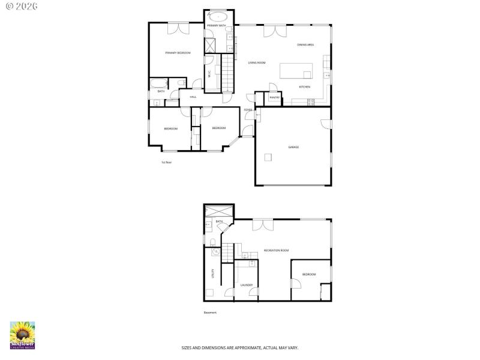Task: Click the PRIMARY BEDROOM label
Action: click(178, 53)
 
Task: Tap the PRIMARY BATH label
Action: click(216, 26)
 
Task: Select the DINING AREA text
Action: click(305, 45)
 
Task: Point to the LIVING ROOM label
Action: click(257, 62)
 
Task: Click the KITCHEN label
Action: click(305, 87)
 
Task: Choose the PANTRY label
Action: click(274, 97)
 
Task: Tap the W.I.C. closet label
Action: click(209, 74)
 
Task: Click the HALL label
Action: click(193, 97)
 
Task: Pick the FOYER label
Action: click(248, 110)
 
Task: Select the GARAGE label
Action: click(293, 147)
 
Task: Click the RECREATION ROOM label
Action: click(277, 250)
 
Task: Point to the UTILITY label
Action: click(213, 273)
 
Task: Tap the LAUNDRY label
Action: click(246, 285)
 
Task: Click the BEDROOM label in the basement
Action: click(309, 274)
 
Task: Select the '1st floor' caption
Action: click(166, 162)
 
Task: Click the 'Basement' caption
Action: click(210, 313)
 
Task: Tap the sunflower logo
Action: click(22, 334)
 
